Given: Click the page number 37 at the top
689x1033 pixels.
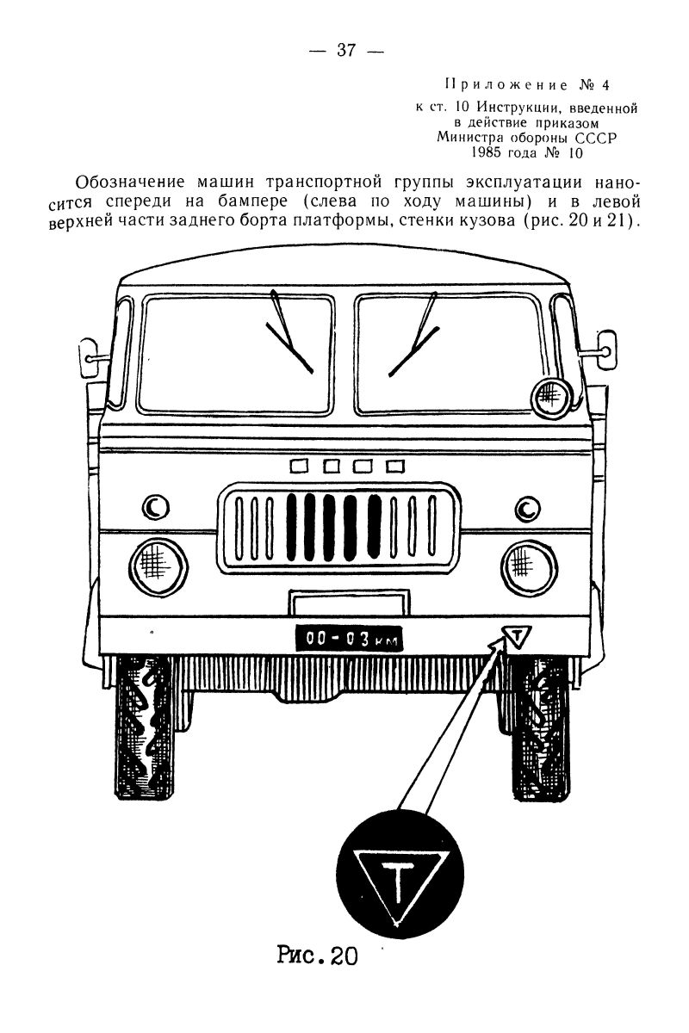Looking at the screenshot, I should pos(346,50).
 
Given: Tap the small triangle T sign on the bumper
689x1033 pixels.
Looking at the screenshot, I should pos(515,637).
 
